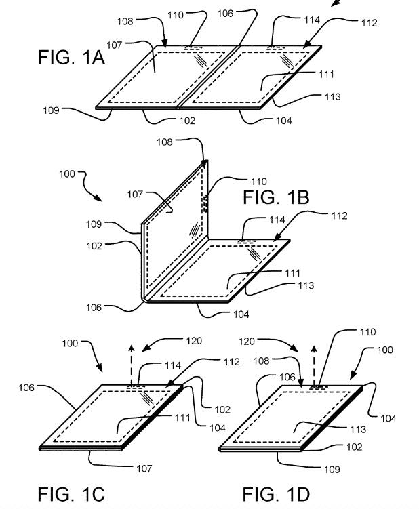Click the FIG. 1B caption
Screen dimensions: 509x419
tap(276, 197)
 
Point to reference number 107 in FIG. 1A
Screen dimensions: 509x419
tap(132, 45)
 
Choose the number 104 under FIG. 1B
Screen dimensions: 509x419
tap(241, 314)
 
